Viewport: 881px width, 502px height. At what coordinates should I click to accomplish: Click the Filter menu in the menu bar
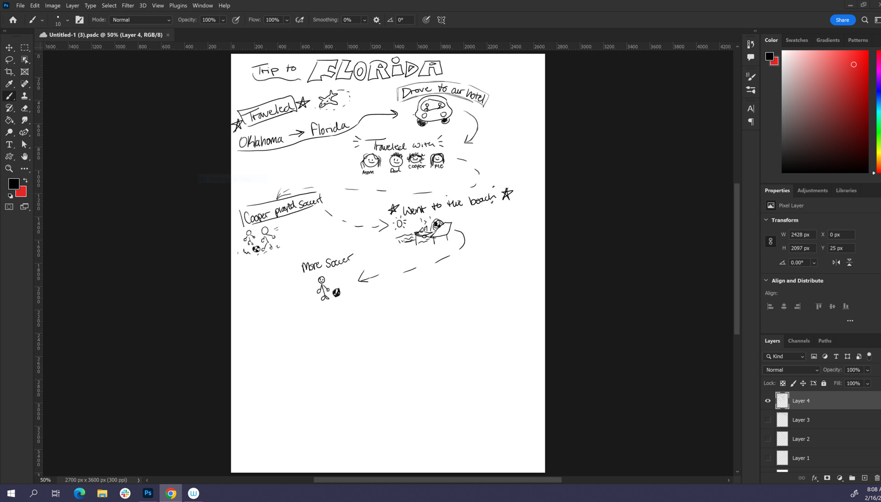pyautogui.click(x=128, y=6)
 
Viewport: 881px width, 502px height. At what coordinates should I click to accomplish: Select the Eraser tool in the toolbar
pyautogui.click(x=25, y=108)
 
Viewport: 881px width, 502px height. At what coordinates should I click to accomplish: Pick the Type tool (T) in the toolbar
pyautogui.click(x=9, y=145)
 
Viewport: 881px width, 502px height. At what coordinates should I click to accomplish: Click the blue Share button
pyautogui.click(x=842, y=20)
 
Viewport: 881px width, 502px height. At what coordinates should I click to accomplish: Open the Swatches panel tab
pyautogui.click(x=796, y=40)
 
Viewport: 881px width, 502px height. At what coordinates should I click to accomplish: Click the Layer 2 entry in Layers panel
pyautogui.click(x=801, y=439)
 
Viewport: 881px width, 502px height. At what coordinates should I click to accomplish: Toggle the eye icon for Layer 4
pyautogui.click(x=768, y=401)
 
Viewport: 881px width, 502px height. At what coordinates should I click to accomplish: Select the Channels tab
pyautogui.click(x=798, y=341)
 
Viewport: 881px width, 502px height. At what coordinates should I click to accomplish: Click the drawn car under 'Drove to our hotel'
pyautogui.click(x=433, y=112)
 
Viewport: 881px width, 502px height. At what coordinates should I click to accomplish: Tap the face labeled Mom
pyautogui.click(x=370, y=161)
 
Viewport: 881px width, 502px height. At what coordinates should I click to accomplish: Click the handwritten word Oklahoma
pyautogui.click(x=261, y=141)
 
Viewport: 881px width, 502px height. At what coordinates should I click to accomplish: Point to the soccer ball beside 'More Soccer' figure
pyautogui.click(x=336, y=293)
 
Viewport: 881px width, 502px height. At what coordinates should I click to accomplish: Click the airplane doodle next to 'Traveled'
pyautogui.click(x=329, y=99)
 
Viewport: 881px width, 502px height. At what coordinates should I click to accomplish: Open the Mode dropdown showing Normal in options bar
pyautogui.click(x=141, y=20)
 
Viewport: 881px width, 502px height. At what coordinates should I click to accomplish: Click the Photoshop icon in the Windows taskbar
pyautogui.click(x=148, y=493)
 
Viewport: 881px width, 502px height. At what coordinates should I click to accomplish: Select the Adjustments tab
pyautogui.click(x=812, y=190)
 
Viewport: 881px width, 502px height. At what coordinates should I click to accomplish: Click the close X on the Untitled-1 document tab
pyautogui.click(x=168, y=35)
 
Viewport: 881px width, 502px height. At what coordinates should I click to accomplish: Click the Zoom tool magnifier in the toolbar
pyautogui.click(x=9, y=169)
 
